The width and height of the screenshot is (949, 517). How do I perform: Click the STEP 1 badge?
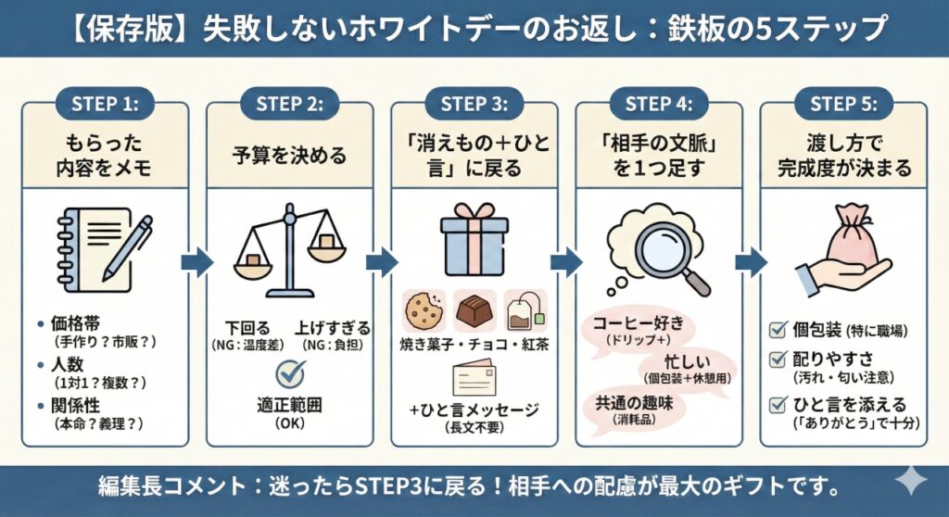point(104,103)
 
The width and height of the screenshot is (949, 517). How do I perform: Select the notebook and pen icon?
point(103,244)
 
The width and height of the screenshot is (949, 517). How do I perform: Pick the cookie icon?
point(424,311)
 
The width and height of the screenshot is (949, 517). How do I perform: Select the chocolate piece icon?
point(474,311)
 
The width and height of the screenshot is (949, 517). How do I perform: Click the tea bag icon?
point(525,311)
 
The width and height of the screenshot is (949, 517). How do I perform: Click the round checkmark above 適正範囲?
point(292,374)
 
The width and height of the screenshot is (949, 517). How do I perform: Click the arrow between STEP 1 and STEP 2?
point(196,262)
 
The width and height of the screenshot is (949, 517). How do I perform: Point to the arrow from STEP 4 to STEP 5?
point(751,262)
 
